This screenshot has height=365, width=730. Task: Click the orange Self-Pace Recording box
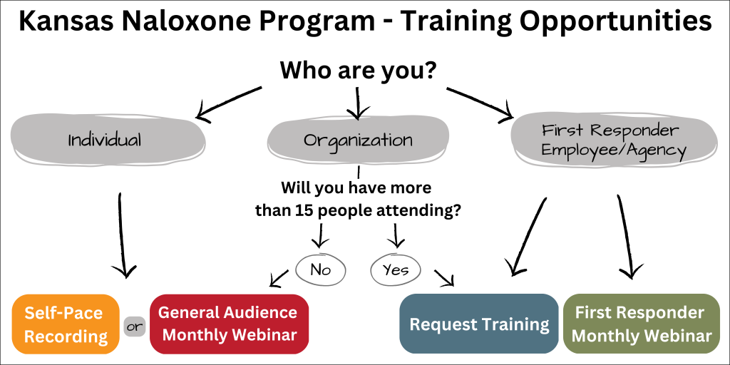(x=66, y=324)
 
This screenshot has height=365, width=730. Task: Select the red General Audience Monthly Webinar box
(x=229, y=324)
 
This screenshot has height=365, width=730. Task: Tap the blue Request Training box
(x=479, y=324)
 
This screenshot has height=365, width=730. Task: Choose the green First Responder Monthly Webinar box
(x=642, y=324)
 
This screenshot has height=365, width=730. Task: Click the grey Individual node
(x=108, y=140)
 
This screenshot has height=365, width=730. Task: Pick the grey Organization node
(x=358, y=140)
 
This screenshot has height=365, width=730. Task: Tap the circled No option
(x=321, y=269)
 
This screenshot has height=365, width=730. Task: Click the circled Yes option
(x=395, y=269)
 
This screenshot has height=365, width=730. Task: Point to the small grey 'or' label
(x=135, y=326)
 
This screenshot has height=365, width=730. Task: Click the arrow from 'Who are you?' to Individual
(x=228, y=103)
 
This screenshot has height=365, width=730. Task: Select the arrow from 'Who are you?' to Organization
(x=358, y=102)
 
